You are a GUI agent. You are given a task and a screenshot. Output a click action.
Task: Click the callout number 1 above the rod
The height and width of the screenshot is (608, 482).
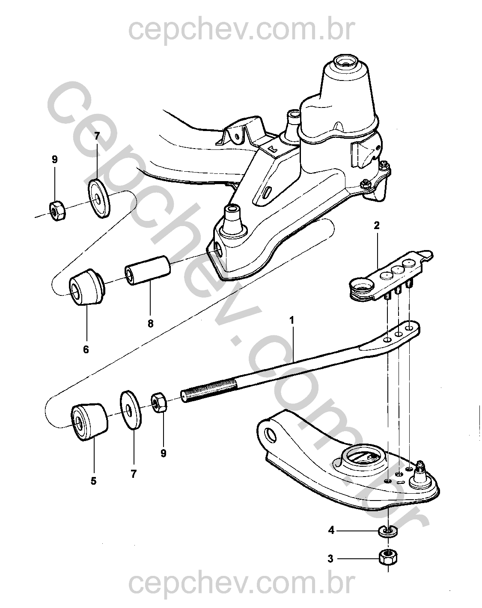[292, 320]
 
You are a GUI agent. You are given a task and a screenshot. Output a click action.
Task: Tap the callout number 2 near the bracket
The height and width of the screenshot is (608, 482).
[377, 226]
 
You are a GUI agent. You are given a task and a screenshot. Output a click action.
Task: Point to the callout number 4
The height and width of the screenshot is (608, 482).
[331, 531]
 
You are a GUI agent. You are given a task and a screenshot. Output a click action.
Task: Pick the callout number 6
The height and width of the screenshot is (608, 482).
[86, 349]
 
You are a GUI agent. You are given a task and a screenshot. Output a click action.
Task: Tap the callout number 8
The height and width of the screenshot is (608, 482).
[150, 324]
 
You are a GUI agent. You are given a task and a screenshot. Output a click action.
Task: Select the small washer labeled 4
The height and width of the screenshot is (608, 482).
[388, 531]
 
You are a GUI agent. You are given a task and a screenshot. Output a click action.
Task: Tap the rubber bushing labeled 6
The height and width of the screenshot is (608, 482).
[87, 287]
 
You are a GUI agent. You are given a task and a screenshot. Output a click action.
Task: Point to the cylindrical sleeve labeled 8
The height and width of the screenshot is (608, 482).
[148, 270]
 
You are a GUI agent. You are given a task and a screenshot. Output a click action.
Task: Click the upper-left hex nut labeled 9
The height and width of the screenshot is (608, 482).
[57, 211]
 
